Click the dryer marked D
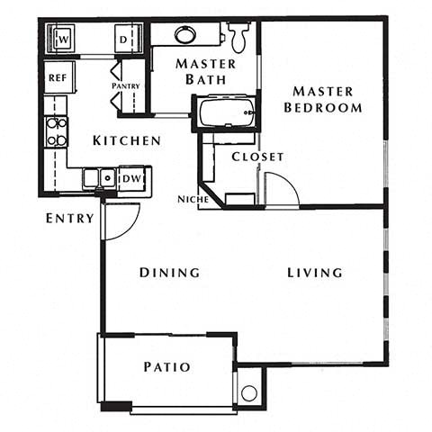(124, 39)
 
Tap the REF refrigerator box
(57, 78)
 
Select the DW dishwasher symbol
(131, 178)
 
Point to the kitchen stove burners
(56, 131)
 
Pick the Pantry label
(125, 86)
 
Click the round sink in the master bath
(185, 35)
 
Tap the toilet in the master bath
(238, 36)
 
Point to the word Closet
(257, 157)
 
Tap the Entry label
(70, 218)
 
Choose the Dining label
(169, 273)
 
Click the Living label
(315, 273)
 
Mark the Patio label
(166, 367)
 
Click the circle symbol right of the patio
(248, 392)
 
